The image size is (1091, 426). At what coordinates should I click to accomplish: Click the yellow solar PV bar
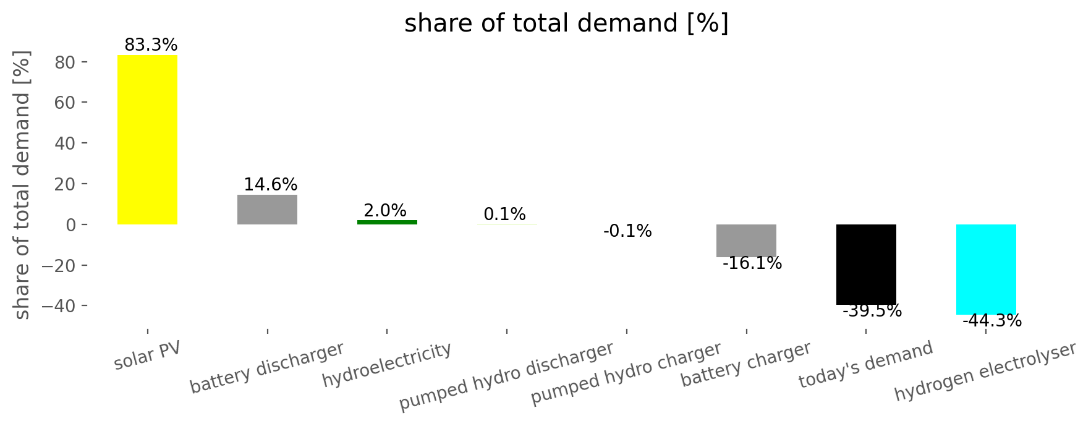148,140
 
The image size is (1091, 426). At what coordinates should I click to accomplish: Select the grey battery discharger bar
267,210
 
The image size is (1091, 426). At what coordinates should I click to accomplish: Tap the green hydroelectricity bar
387,223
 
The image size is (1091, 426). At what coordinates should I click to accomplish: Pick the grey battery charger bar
746,241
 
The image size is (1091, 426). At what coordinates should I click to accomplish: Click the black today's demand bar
866,265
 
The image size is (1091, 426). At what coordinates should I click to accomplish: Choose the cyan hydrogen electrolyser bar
986,270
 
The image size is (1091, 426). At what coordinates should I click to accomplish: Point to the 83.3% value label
151,45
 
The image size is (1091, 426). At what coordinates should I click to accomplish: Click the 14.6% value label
270,185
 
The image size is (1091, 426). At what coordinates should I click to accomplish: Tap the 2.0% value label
385,211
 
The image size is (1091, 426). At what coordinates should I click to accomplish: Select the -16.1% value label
752,263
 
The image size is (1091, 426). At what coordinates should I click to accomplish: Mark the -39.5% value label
872,311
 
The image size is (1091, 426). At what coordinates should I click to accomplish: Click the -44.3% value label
992,322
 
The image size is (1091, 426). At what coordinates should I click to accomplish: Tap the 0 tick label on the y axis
71,225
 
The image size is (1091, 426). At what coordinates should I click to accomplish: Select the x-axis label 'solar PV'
148,355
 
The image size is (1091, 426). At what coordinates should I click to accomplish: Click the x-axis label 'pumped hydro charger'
626,373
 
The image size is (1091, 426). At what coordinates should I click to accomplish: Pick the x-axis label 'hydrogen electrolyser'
986,371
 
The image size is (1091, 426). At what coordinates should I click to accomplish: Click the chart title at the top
567,23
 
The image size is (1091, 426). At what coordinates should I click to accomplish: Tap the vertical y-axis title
22,185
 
